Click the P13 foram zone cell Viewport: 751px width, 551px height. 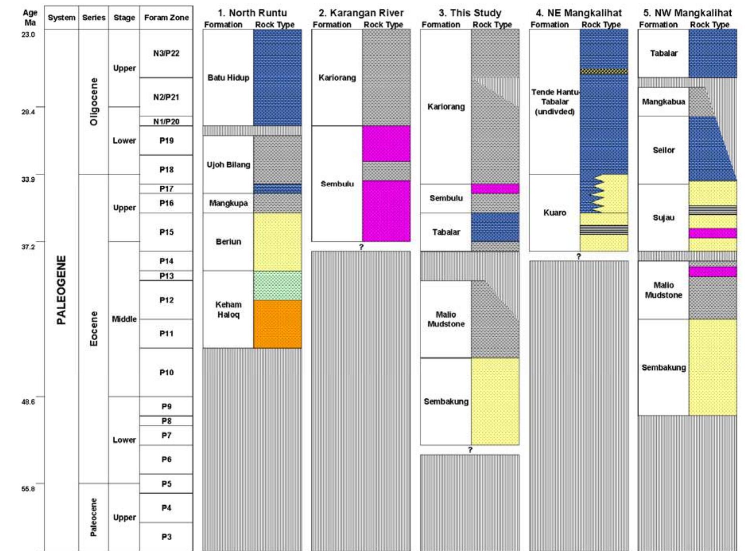[166, 275]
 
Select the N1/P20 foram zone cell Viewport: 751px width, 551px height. [166, 121]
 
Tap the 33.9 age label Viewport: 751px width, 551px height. [28, 179]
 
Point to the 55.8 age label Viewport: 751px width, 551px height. [28, 489]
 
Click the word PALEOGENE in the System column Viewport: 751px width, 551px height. [61, 290]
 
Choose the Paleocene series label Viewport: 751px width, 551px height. [93, 517]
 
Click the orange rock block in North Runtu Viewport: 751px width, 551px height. [277, 324]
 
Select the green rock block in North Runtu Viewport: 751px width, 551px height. [277, 285]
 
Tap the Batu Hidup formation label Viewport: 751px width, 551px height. [228, 78]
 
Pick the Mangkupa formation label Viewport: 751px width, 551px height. [228, 203]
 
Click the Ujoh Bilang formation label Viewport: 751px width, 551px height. [228, 165]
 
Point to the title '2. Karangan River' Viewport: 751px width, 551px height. [361, 13]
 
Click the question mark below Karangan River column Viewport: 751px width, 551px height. [361, 247]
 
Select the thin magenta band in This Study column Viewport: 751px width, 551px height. [495, 188]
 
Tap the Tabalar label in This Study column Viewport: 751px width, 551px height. [446, 232]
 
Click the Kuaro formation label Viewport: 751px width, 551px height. [554, 213]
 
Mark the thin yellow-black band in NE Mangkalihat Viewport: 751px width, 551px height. [604, 72]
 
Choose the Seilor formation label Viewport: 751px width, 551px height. [663, 150]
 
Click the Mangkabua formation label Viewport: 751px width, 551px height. [663, 102]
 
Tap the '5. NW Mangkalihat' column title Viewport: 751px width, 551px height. [687, 13]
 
